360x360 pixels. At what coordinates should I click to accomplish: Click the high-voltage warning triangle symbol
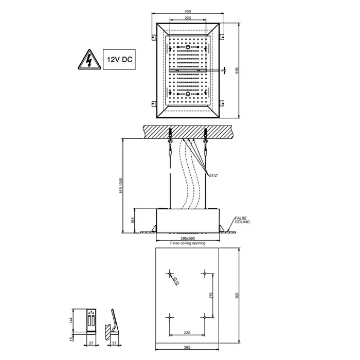pyautogui.click(x=89, y=60)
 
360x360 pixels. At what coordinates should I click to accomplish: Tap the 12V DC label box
pyautogui.click(x=119, y=60)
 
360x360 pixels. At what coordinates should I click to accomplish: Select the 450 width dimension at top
pyautogui.click(x=188, y=11)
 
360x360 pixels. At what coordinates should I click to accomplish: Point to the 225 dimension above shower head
pyautogui.click(x=188, y=18)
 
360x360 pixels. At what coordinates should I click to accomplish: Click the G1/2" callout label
pyautogui.click(x=213, y=175)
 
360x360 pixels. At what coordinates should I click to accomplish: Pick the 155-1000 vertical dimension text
pyautogui.click(x=121, y=186)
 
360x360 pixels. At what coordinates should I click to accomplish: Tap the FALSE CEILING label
pyautogui.click(x=242, y=220)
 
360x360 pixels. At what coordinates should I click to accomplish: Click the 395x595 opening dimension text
pyautogui.click(x=188, y=238)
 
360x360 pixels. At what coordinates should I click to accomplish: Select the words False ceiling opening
pyautogui.click(x=188, y=243)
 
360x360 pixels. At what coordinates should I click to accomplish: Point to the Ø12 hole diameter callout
pyautogui.click(x=176, y=281)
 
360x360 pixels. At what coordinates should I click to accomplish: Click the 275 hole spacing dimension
pyautogui.click(x=211, y=295)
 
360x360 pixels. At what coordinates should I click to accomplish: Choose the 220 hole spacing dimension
pyautogui.click(x=187, y=333)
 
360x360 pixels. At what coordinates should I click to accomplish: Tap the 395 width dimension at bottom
pyautogui.click(x=187, y=348)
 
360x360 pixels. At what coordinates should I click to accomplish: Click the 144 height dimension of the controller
pyautogui.click(x=71, y=320)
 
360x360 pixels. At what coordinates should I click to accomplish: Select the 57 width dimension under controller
pyautogui.click(x=91, y=343)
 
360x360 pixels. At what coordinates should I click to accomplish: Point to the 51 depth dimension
pyautogui.click(x=115, y=343)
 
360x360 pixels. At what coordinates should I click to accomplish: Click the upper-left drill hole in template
pyautogui.click(x=170, y=274)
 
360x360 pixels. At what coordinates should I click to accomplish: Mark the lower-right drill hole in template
pyautogui.click(x=205, y=317)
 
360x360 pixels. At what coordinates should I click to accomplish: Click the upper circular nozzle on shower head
pyautogui.click(x=188, y=47)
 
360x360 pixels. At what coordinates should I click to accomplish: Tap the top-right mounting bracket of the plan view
pyautogui.click(x=222, y=37)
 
